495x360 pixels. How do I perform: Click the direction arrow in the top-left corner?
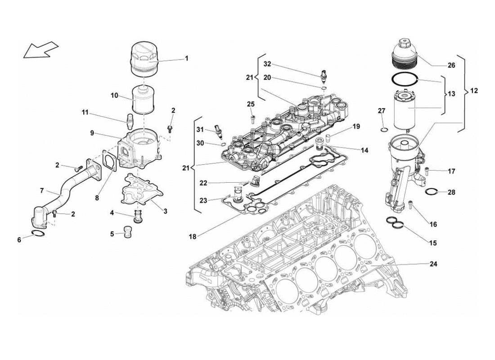(x=40, y=49)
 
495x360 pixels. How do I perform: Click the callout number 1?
(x=186, y=58)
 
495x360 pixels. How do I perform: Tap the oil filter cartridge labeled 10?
(x=144, y=99)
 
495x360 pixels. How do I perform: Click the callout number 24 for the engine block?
(x=433, y=264)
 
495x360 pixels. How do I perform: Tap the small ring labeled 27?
(x=383, y=130)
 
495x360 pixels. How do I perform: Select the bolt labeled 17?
(x=427, y=170)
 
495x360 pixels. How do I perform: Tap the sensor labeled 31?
(x=219, y=131)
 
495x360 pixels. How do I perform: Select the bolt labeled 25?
(x=252, y=118)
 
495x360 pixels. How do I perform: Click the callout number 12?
(x=474, y=90)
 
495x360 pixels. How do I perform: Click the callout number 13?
(x=451, y=95)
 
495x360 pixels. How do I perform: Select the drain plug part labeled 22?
(x=255, y=181)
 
